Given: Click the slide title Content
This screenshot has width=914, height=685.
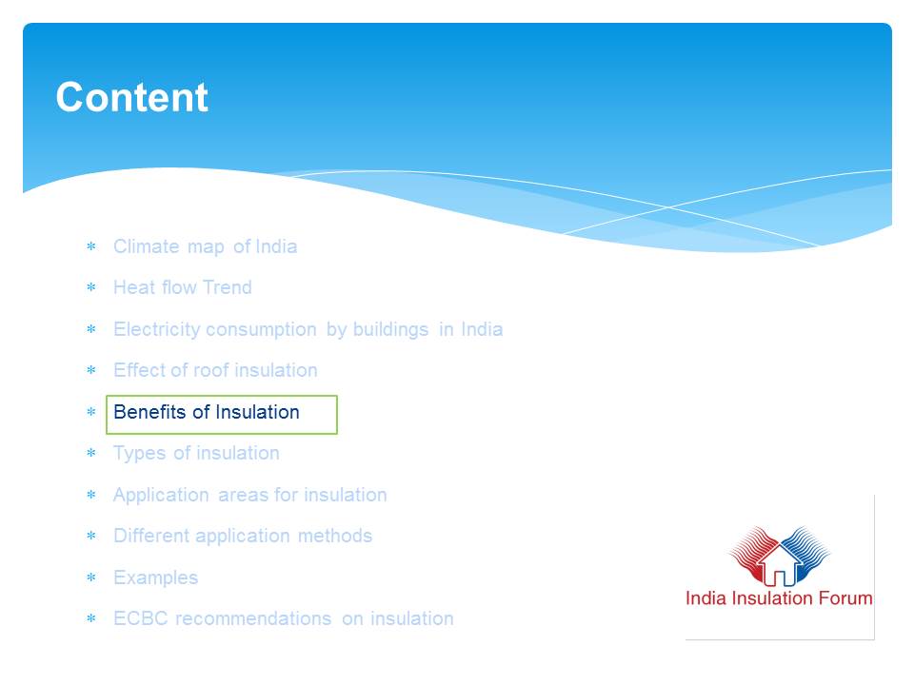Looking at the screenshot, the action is pos(131,97).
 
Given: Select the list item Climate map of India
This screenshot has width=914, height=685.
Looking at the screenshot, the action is pos(206,246).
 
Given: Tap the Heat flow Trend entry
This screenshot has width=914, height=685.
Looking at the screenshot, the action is pos(183,287).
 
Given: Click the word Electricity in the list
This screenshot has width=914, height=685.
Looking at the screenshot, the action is pos(157,330).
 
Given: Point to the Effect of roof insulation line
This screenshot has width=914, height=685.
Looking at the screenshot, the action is pos(215,370).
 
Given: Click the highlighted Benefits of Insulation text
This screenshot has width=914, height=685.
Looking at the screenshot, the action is pos(207,412).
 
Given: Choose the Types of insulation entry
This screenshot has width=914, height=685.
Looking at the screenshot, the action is pos(196,453).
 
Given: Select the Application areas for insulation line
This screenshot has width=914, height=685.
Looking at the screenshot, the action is pos(250,495).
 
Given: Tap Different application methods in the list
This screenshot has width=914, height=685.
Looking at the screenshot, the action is pos(243,536).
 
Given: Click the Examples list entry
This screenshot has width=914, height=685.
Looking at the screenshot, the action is pos(155,577).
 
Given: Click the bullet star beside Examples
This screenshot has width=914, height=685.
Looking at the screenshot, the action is pos(91,577).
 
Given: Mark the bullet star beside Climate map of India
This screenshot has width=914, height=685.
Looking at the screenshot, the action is pos(91,246).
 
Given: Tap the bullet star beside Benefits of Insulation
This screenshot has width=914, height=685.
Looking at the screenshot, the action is pos(91,412).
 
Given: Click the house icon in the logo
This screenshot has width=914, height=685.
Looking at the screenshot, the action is pos(780,565).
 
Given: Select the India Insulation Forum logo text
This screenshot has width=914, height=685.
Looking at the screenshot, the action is pos(779,598).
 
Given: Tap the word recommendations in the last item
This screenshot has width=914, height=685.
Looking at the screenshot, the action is pos(253,618).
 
